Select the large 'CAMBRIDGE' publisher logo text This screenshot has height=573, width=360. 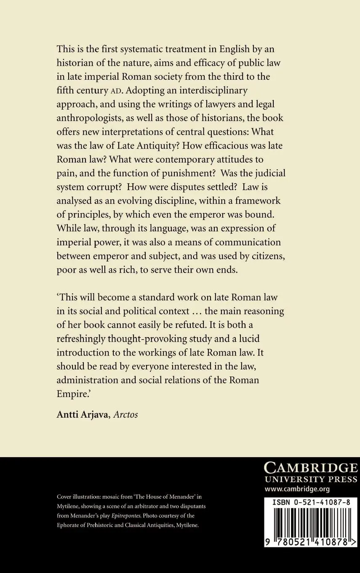tap(310, 467)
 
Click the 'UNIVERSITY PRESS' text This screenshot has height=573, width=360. tap(310, 479)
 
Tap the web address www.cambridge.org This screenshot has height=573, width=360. tap(297, 489)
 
